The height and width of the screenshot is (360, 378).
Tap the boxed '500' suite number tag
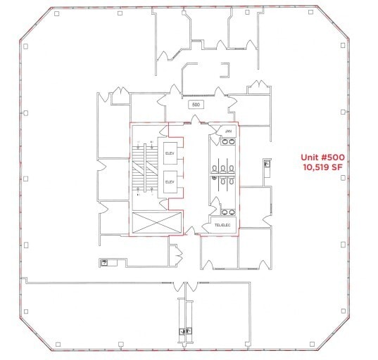196,105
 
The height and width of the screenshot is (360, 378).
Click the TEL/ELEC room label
224,225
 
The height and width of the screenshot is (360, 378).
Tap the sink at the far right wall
267,166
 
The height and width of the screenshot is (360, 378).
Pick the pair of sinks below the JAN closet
227,142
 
